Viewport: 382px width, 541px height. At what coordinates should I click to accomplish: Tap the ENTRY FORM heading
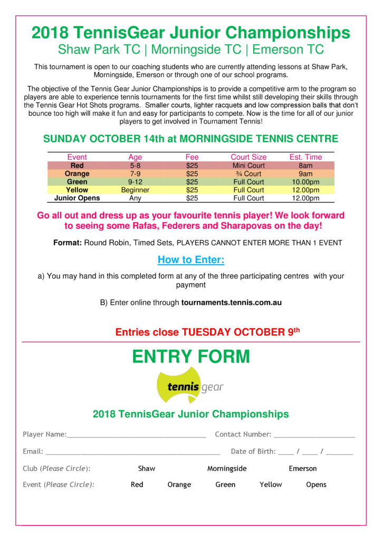click(190, 357)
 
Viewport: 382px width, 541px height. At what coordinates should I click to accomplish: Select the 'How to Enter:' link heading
click(190, 260)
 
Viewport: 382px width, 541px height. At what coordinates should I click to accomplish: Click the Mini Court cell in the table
click(249, 165)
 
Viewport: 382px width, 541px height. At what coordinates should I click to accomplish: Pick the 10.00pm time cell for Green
click(305, 182)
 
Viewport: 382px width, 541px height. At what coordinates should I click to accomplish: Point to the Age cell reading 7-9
click(135, 173)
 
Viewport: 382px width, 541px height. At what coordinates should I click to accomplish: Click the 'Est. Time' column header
click(305, 157)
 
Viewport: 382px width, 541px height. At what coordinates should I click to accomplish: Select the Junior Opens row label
click(77, 198)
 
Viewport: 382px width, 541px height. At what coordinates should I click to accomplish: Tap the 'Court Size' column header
click(249, 157)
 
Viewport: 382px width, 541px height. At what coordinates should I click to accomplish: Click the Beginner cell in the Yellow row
click(135, 190)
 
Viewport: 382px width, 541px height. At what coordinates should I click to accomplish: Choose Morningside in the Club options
click(227, 468)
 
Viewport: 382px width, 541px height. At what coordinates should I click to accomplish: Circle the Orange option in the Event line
click(179, 484)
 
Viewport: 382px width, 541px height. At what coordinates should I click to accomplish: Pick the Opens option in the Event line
click(316, 484)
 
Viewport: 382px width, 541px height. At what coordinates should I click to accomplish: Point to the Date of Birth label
click(253, 451)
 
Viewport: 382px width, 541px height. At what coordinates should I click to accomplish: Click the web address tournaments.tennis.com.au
click(231, 303)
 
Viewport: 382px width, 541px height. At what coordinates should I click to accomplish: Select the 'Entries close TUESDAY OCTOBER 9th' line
click(207, 332)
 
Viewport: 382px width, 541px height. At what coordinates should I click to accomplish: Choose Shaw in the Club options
click(147, 468)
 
